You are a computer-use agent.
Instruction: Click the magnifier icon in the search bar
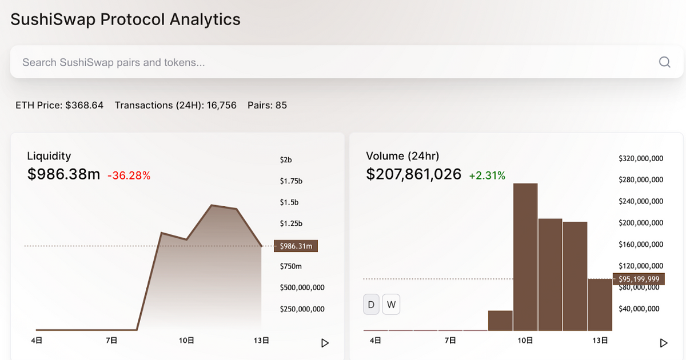pos(664,62)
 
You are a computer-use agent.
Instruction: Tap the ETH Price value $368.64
pos(84,105)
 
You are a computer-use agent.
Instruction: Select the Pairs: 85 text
pos(267,105)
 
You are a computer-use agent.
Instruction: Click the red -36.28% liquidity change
pos(129,175)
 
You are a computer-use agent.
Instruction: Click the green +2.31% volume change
pos(487,175)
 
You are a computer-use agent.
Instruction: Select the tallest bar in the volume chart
pos(525,257)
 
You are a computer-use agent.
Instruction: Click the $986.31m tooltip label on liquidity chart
pos(296,246)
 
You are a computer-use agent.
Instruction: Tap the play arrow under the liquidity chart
pos(325,343)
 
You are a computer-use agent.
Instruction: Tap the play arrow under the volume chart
pos(664,343)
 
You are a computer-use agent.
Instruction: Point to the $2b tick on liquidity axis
pos(286,159)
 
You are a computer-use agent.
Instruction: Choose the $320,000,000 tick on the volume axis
pos(641,158)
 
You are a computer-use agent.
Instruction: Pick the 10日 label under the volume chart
pos(525,341)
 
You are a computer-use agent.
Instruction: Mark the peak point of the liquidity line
pos(212,205)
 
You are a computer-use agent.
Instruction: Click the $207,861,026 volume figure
pos(413,174)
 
